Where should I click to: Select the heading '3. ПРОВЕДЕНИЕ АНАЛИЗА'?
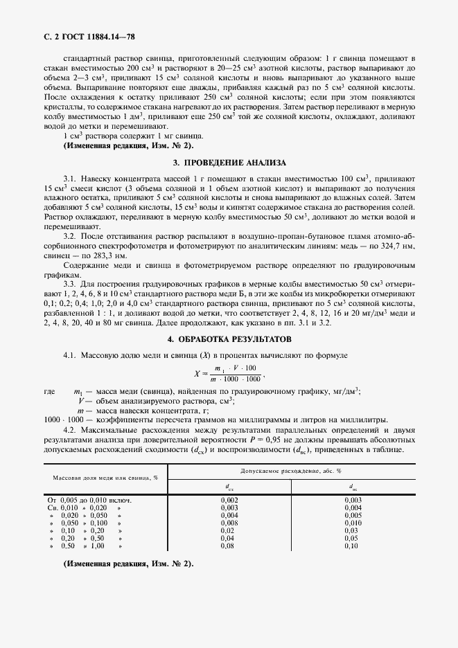tap(229, 163)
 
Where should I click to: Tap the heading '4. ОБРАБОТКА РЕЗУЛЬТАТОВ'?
tap(229, 339)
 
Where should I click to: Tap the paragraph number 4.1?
tap(69, 355)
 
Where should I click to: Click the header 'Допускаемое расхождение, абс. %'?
tap(290, 471)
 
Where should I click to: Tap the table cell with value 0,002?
tap(229, 499)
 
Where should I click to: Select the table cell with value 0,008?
tap(229, 523)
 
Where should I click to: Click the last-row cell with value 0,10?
tap(353, 546)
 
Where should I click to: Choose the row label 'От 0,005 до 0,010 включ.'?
tap(89, 499)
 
